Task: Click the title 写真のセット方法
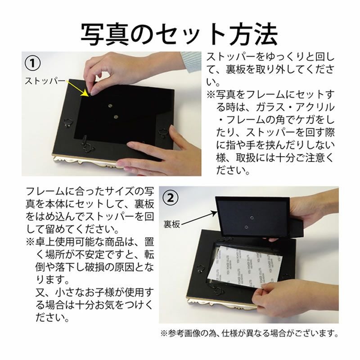(179, 34)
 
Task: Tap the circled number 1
(32, 63)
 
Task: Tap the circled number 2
(170, 198)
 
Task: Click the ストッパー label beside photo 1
(45, 81)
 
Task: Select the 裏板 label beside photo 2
(172, 224)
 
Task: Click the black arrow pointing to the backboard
(199, 218)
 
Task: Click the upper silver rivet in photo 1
(110, 106)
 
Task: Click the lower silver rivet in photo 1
(116, 117)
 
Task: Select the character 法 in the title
(266, 34)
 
